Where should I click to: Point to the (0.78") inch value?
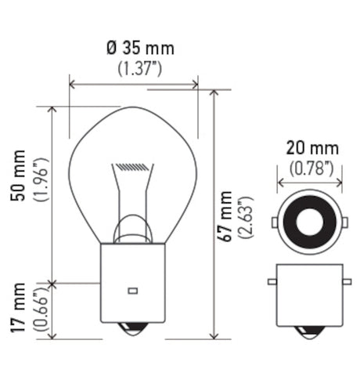point(311,167)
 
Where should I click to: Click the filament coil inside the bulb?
point(131,167)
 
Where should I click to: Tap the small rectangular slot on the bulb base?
point(132,291)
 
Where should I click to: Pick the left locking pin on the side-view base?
point(272,280)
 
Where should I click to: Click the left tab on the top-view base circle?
point(274,222)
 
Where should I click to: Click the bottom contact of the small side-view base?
point(309,331)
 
